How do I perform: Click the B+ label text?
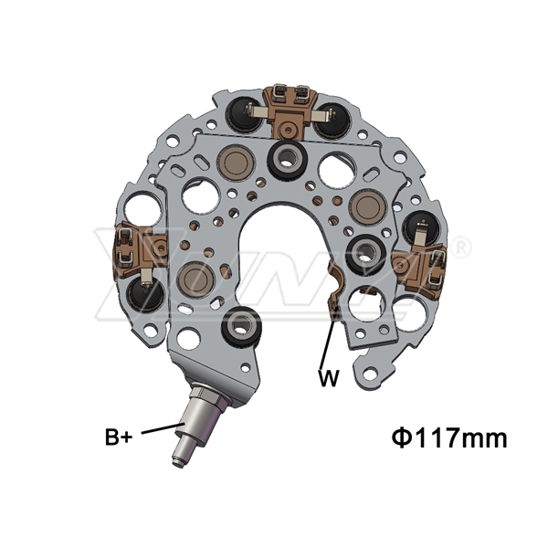pos(119,437)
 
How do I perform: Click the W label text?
pos(329,377)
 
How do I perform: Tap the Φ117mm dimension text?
pos(449,438)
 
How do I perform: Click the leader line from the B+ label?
pos(163,428)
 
